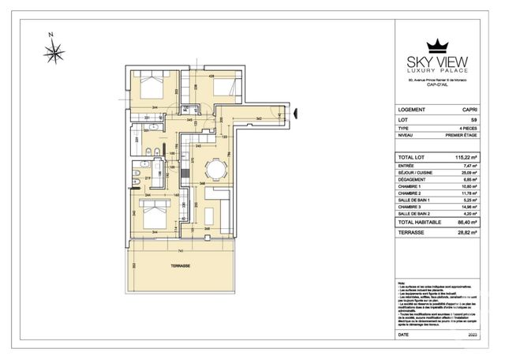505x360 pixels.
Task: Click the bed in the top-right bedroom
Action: tap(223, 88)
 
